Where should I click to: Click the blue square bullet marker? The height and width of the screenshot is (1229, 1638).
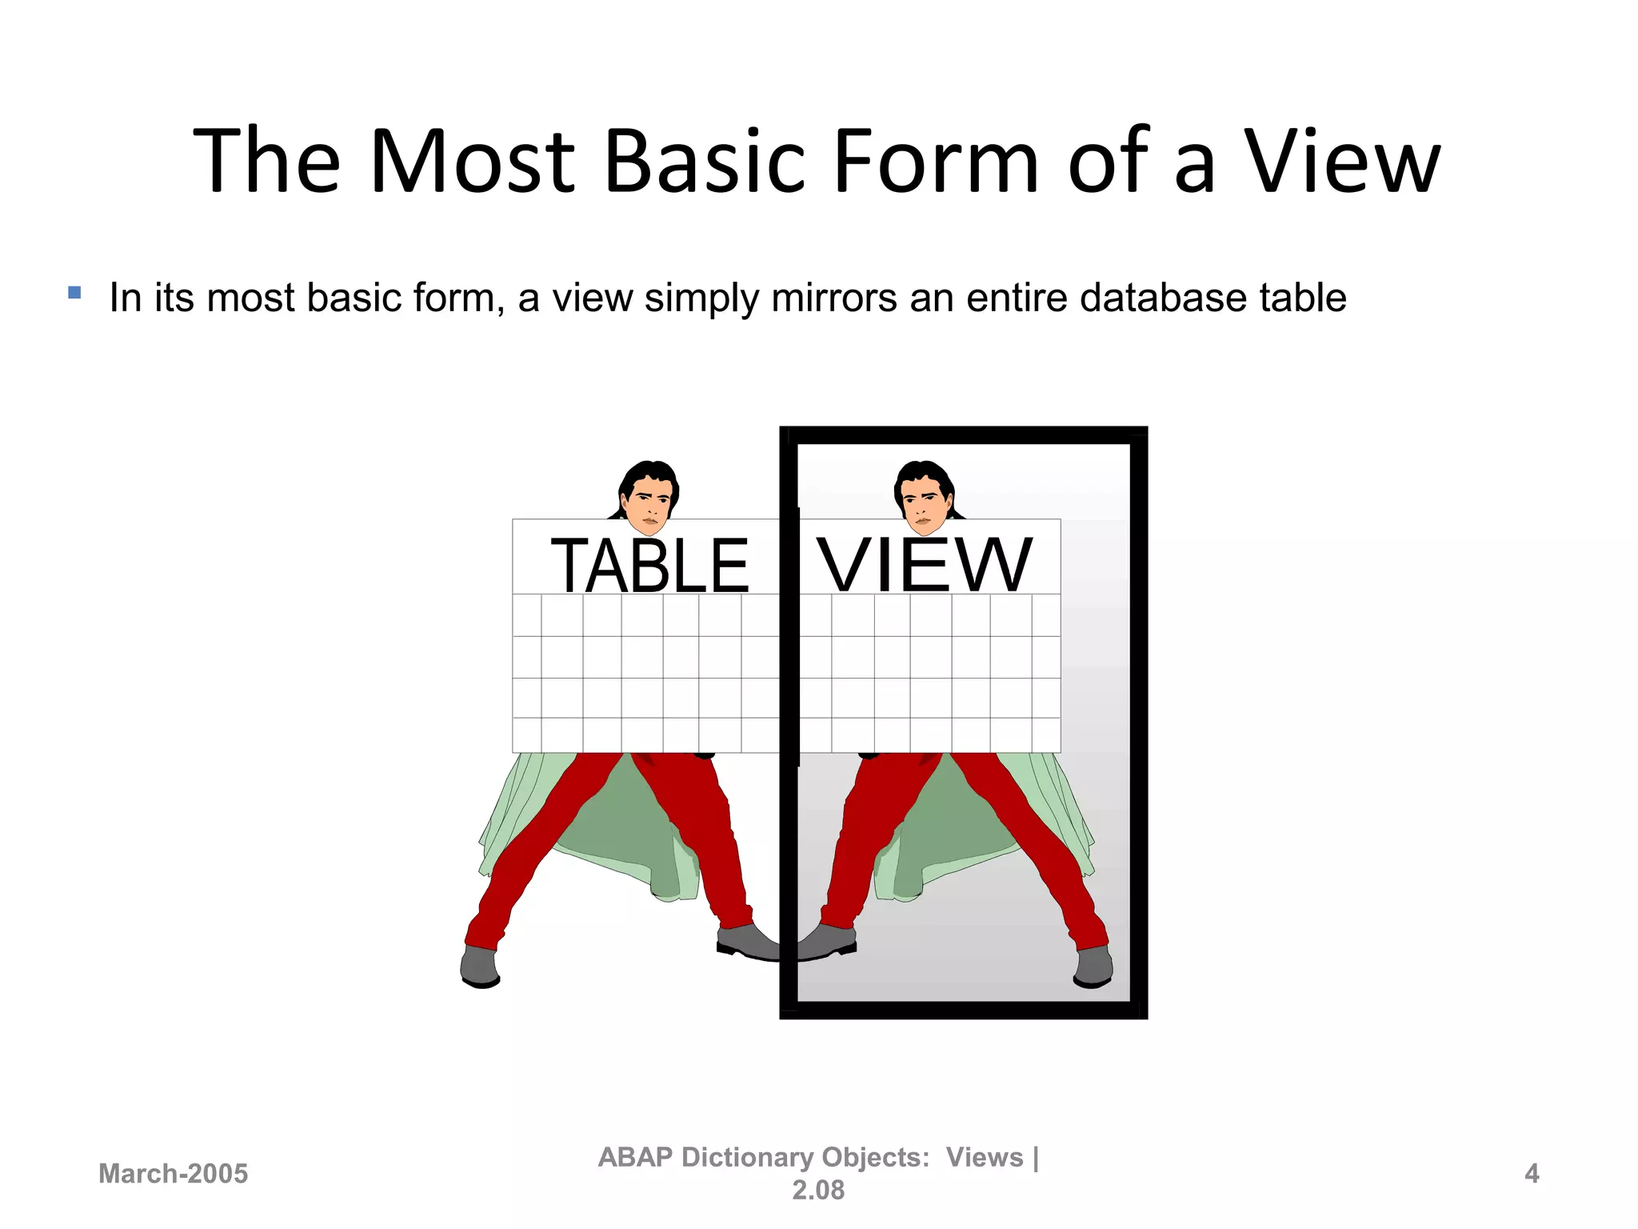74,293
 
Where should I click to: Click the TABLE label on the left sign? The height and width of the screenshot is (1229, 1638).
649,566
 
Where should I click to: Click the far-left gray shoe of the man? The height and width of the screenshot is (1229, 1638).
480,966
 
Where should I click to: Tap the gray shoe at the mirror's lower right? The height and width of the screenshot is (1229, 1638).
1093,966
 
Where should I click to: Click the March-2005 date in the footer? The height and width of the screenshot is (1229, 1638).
173,1174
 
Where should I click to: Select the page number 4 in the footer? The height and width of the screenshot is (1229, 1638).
1532,1174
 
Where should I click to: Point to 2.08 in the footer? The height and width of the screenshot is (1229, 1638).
818,1191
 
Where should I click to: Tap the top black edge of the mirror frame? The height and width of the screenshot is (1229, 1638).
963,435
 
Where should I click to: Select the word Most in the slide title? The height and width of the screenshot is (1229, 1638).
472,162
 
